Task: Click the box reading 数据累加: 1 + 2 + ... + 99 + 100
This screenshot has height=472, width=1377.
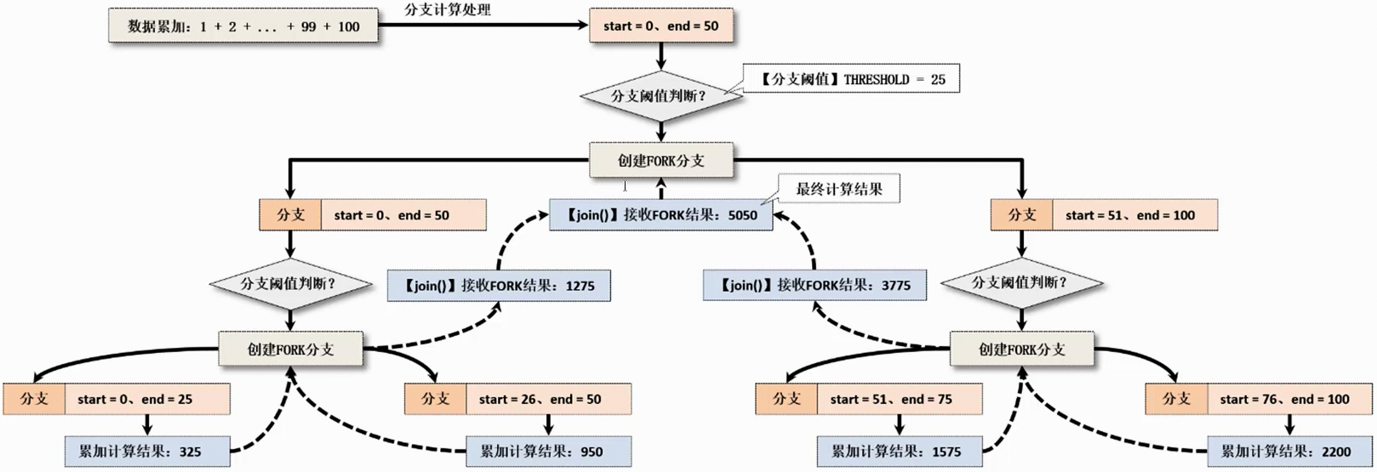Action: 243,26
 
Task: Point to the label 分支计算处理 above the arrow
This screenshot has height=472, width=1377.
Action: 447,10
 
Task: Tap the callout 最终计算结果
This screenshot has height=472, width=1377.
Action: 839,189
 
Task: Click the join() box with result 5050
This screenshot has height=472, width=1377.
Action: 660,215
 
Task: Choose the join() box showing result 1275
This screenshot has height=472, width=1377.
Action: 499,286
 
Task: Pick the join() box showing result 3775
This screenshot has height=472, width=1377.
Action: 814,286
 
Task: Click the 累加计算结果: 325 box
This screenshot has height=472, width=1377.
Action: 147,452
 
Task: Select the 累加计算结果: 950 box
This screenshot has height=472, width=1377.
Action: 548,452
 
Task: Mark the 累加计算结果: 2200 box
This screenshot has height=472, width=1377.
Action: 1290,452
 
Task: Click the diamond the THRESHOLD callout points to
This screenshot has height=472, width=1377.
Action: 660,96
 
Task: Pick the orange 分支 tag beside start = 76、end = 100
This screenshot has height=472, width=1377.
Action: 1175,399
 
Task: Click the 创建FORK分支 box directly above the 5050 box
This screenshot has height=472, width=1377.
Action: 660,160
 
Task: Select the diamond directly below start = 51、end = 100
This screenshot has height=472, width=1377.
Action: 1021,282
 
